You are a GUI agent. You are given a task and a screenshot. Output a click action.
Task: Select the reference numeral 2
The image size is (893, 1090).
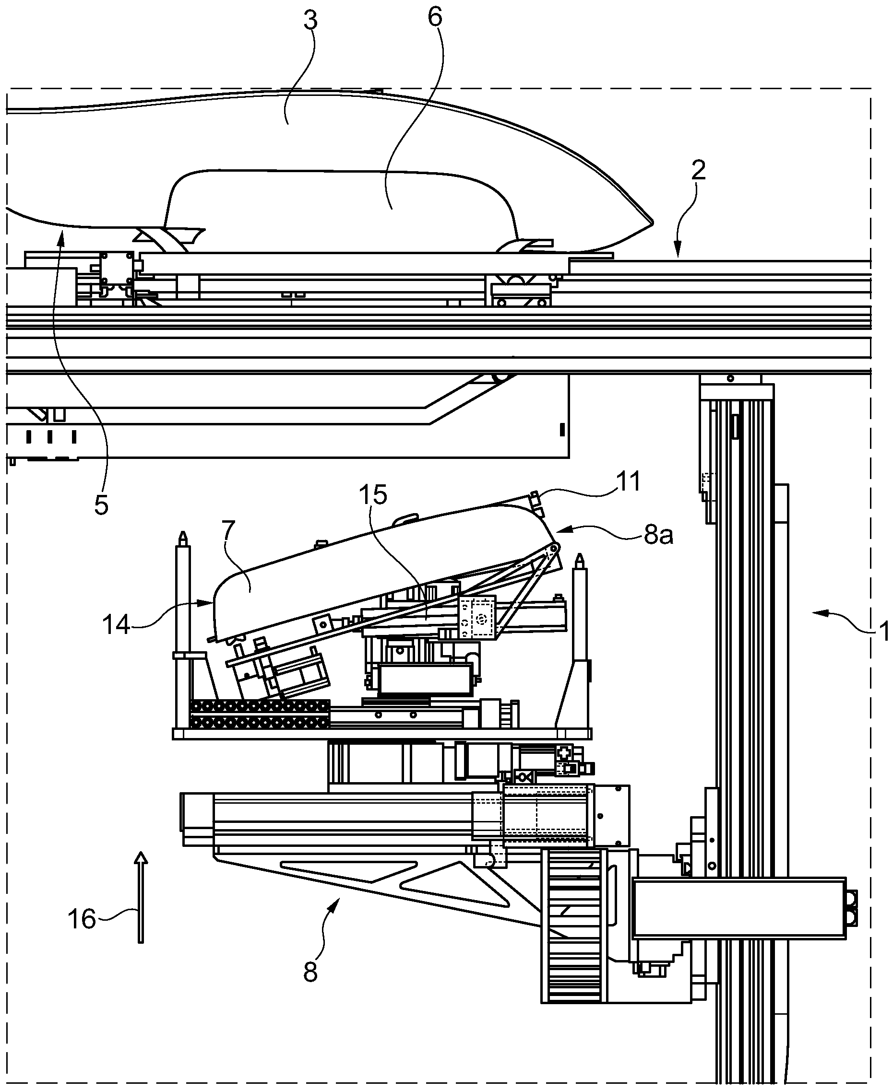pos(698,170)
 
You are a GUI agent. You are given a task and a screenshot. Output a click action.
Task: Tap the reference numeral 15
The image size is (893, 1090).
pos(373,494)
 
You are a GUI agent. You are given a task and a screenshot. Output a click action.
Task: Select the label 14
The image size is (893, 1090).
pos(116,625)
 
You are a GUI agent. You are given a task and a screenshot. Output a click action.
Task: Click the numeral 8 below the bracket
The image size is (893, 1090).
pos(310,972)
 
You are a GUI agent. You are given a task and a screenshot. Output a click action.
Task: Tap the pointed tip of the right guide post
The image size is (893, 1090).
pos(580,557)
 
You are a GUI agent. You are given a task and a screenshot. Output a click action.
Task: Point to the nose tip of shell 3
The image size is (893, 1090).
pos(651,222)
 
